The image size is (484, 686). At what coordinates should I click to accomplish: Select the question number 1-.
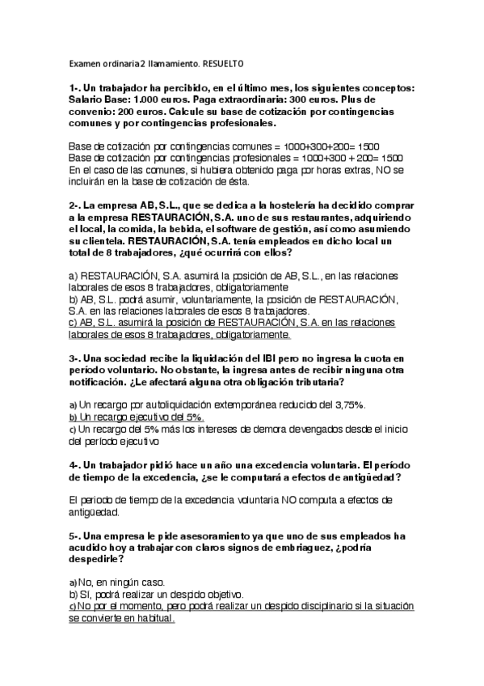tap(75, 87)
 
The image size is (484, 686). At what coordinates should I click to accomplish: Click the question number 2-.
tap(75, 205)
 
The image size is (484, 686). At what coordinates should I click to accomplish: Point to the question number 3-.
tap(75, 358)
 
